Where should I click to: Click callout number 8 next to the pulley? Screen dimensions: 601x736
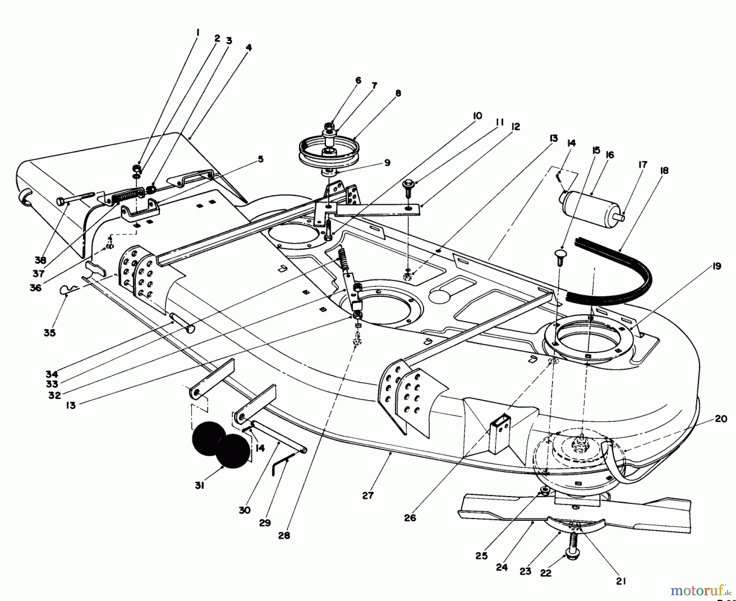tap(398, 93)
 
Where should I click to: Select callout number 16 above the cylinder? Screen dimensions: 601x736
tap(610, 155)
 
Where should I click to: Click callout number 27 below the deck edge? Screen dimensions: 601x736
tap(368, 495)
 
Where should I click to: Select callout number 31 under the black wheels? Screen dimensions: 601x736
tap(199, 486)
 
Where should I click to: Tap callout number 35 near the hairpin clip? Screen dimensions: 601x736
tap(49, 333)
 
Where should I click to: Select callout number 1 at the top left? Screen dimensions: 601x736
tap(197, 32)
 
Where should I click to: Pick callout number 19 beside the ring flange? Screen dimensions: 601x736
tap(716, 266)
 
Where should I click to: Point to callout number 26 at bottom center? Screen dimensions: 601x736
tap(410, 518)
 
